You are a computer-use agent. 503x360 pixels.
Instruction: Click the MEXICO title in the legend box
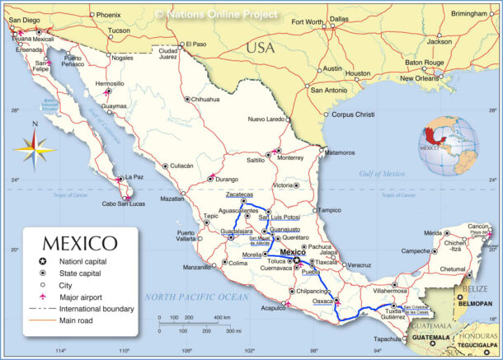(80, 244)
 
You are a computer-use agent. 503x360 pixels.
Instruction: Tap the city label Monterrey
(291, 157)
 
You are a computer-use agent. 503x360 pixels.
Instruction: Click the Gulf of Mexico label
(382, 174)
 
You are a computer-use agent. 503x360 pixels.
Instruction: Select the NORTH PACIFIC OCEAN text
(196, 297)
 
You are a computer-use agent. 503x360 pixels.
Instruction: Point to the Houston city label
(357, 73)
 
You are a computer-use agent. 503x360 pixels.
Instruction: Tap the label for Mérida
(433, 233)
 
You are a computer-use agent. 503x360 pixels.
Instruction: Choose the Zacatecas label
(240, 195)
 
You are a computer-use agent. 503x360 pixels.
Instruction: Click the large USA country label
(260, 48)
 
